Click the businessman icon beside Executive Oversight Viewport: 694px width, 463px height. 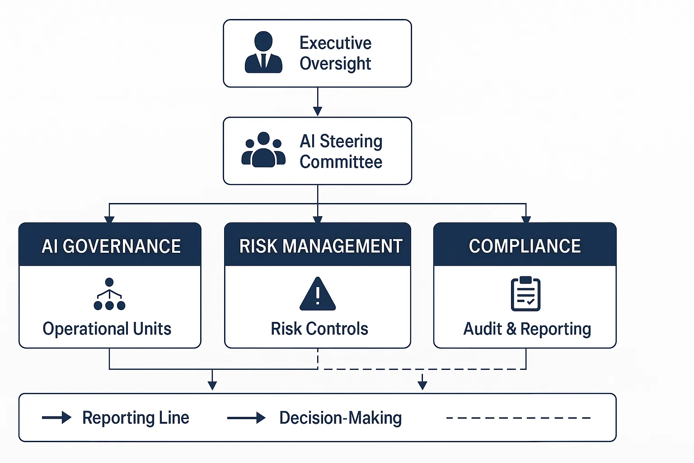click(x=263, y=52)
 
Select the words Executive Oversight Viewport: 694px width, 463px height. click(x=335, y=53)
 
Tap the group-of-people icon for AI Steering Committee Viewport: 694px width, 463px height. click(x=263, y=150)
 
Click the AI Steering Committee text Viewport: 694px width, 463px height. click(x=341, y=151)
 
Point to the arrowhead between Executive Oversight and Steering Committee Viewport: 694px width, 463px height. click(x=318, y=111)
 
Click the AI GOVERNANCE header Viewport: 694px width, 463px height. click(x=111, y=246)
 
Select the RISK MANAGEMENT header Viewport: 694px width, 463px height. click(x=320, y=246)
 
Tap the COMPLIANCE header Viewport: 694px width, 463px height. click(x=525, y=246)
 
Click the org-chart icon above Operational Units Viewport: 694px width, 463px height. click(x=109, y=294)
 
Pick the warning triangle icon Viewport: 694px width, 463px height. click(x=318, y=294)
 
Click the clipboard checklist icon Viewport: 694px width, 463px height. click(x=525, y=294)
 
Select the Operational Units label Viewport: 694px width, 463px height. click(x=107, y=329)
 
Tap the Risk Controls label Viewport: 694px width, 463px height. click(x=319, y=329)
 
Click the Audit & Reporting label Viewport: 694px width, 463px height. click(x=527, y=329)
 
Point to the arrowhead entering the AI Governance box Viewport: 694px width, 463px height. click(x=109, y=219)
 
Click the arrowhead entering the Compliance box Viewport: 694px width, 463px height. click(x=526, y=219)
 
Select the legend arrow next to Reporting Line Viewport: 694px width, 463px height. click(x=56, y=417)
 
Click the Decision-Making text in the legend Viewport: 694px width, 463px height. click(x=340, y=418)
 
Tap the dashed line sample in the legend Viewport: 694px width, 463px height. click(x=518, y=418)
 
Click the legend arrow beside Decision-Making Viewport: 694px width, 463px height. click(x=246, y=418)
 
